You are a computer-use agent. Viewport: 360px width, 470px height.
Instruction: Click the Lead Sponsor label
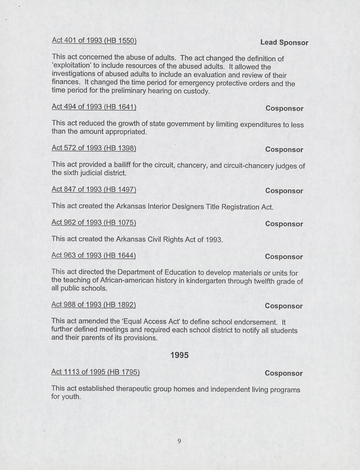pyautogui.click(x=284, y=43)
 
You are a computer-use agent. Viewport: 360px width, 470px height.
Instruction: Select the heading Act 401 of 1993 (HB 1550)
pyautogui.click(x=94, y=40)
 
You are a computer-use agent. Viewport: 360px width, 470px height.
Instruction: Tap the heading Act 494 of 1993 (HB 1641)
pyautogui.click(x=94, y=107)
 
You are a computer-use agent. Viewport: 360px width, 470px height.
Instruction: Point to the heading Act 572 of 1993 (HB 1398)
pyautogui.click(x=94, y=148)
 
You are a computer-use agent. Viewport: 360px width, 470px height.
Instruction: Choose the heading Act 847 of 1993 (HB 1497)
pyautogui.click(x=94, y=190)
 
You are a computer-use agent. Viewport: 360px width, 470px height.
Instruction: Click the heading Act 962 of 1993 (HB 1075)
pyautogui.click(x=94, y=222)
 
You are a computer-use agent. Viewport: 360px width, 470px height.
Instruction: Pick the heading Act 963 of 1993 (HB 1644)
pyautogui.click(x=94, y=256)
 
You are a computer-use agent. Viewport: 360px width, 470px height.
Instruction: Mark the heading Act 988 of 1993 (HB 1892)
pyautogui.click(x=94, y=304)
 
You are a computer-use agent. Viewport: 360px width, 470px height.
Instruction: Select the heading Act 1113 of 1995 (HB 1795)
pyautogui.click(x=96, y=372)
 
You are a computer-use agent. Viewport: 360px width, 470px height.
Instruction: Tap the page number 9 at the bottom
pyautogui.click(x=179, y=441)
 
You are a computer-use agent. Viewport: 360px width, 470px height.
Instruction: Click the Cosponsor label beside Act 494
pyautogui.click(x=284, y=108)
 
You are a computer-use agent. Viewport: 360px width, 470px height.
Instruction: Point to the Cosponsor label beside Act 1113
pyautogui.click(x=284, y=374)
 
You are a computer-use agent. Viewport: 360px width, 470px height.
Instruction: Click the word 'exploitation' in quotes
pyautogui.click(x=71, y=67)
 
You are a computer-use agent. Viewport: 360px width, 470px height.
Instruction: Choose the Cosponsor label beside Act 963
pyautogui.click(x=284, y=257)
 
